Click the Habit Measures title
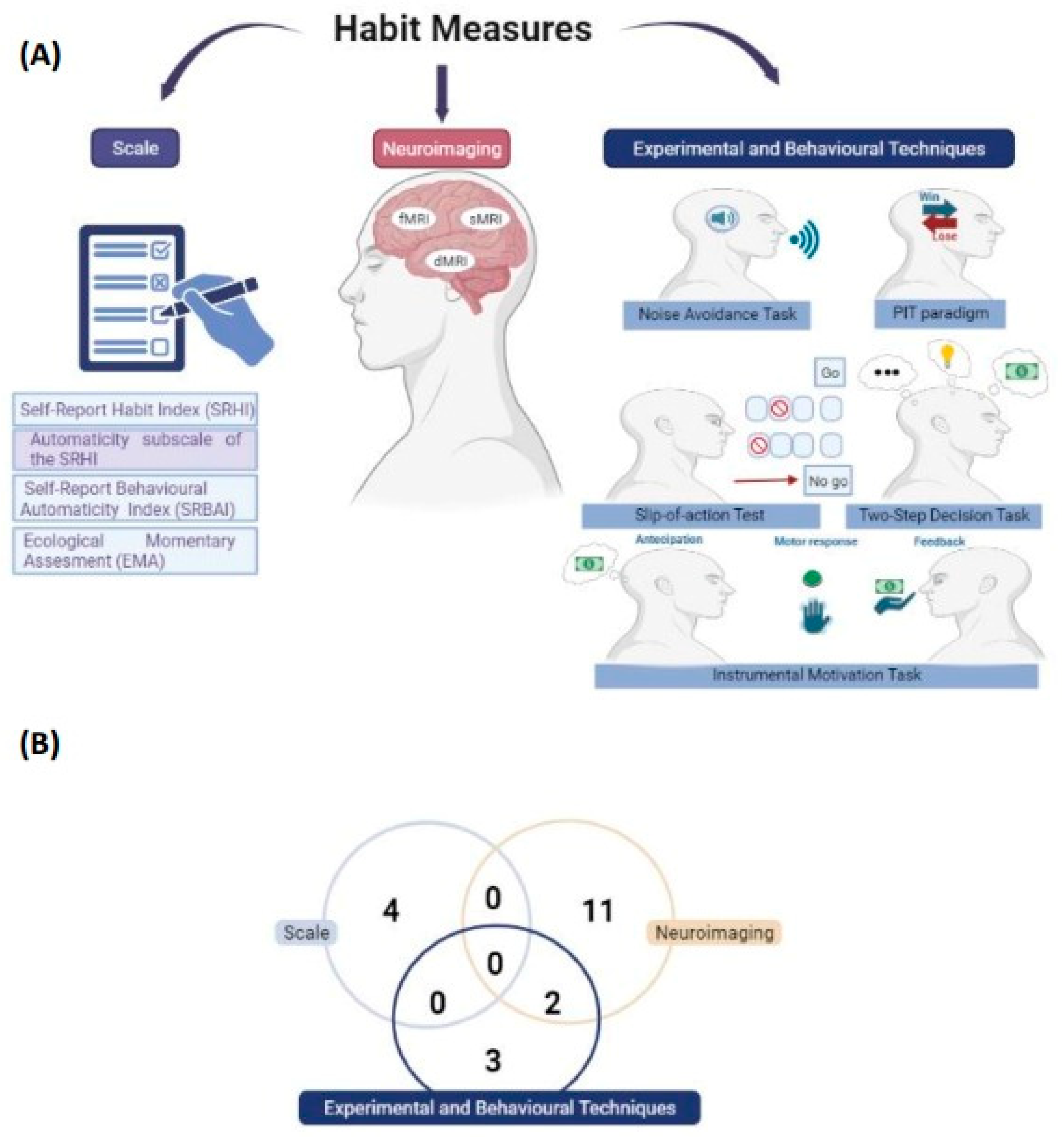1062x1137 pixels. [x=462, y=29]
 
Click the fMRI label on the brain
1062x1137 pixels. [x=413, y=219]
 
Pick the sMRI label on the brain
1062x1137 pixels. [x=485, y=219]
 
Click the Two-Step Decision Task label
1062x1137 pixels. [x=944, y=515]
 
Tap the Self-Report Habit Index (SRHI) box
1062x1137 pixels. [x=135, y=409]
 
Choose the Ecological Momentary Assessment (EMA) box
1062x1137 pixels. [x=135, y=550]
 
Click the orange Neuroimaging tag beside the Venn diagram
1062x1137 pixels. [x=714, y=933]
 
